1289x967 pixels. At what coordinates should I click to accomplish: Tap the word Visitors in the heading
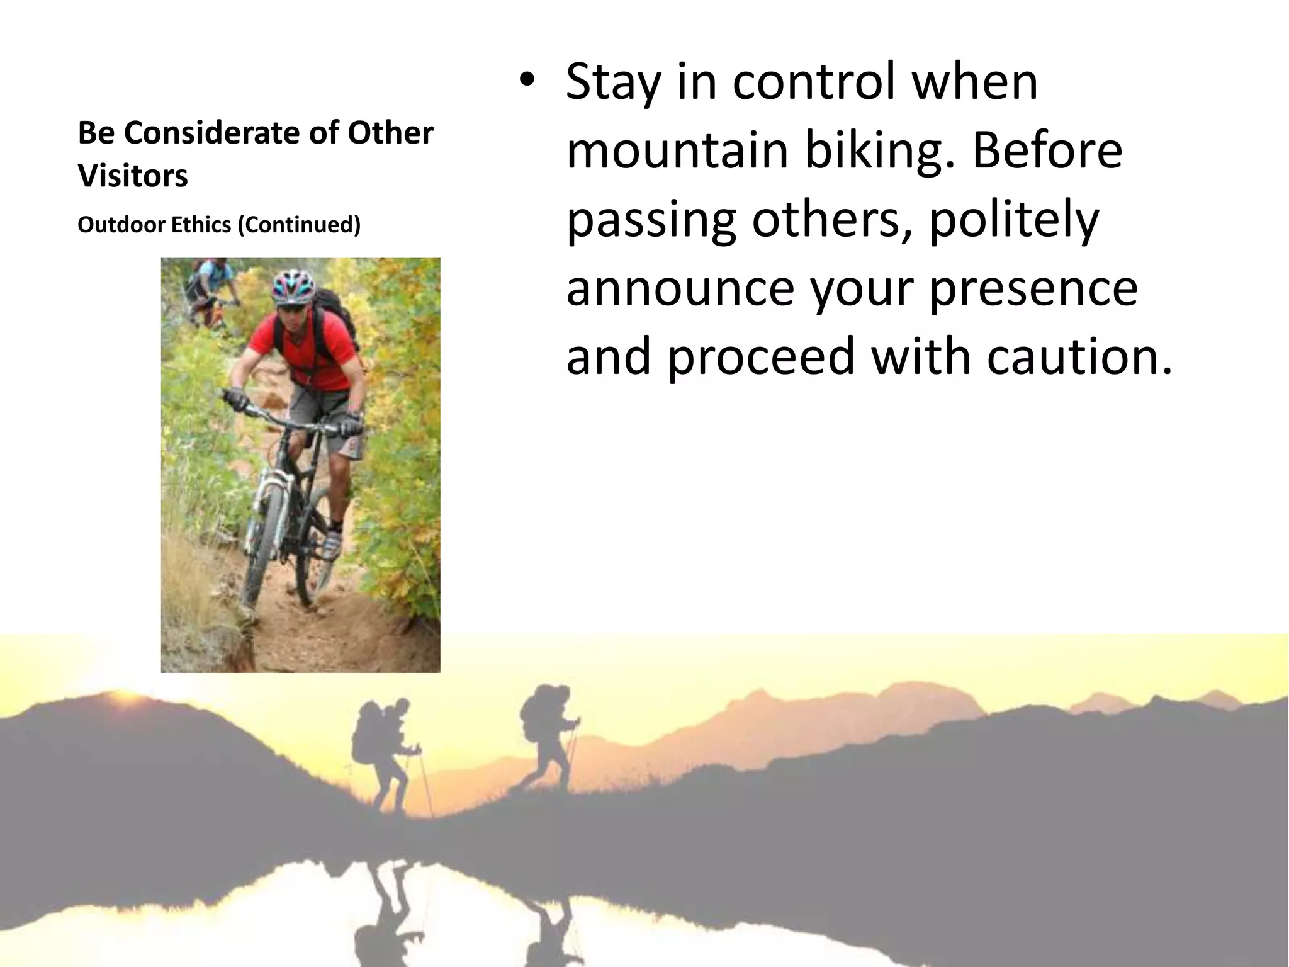(133, 176)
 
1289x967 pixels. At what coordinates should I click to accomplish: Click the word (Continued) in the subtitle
(299, 225)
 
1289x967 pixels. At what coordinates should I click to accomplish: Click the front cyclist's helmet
(293, 285)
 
